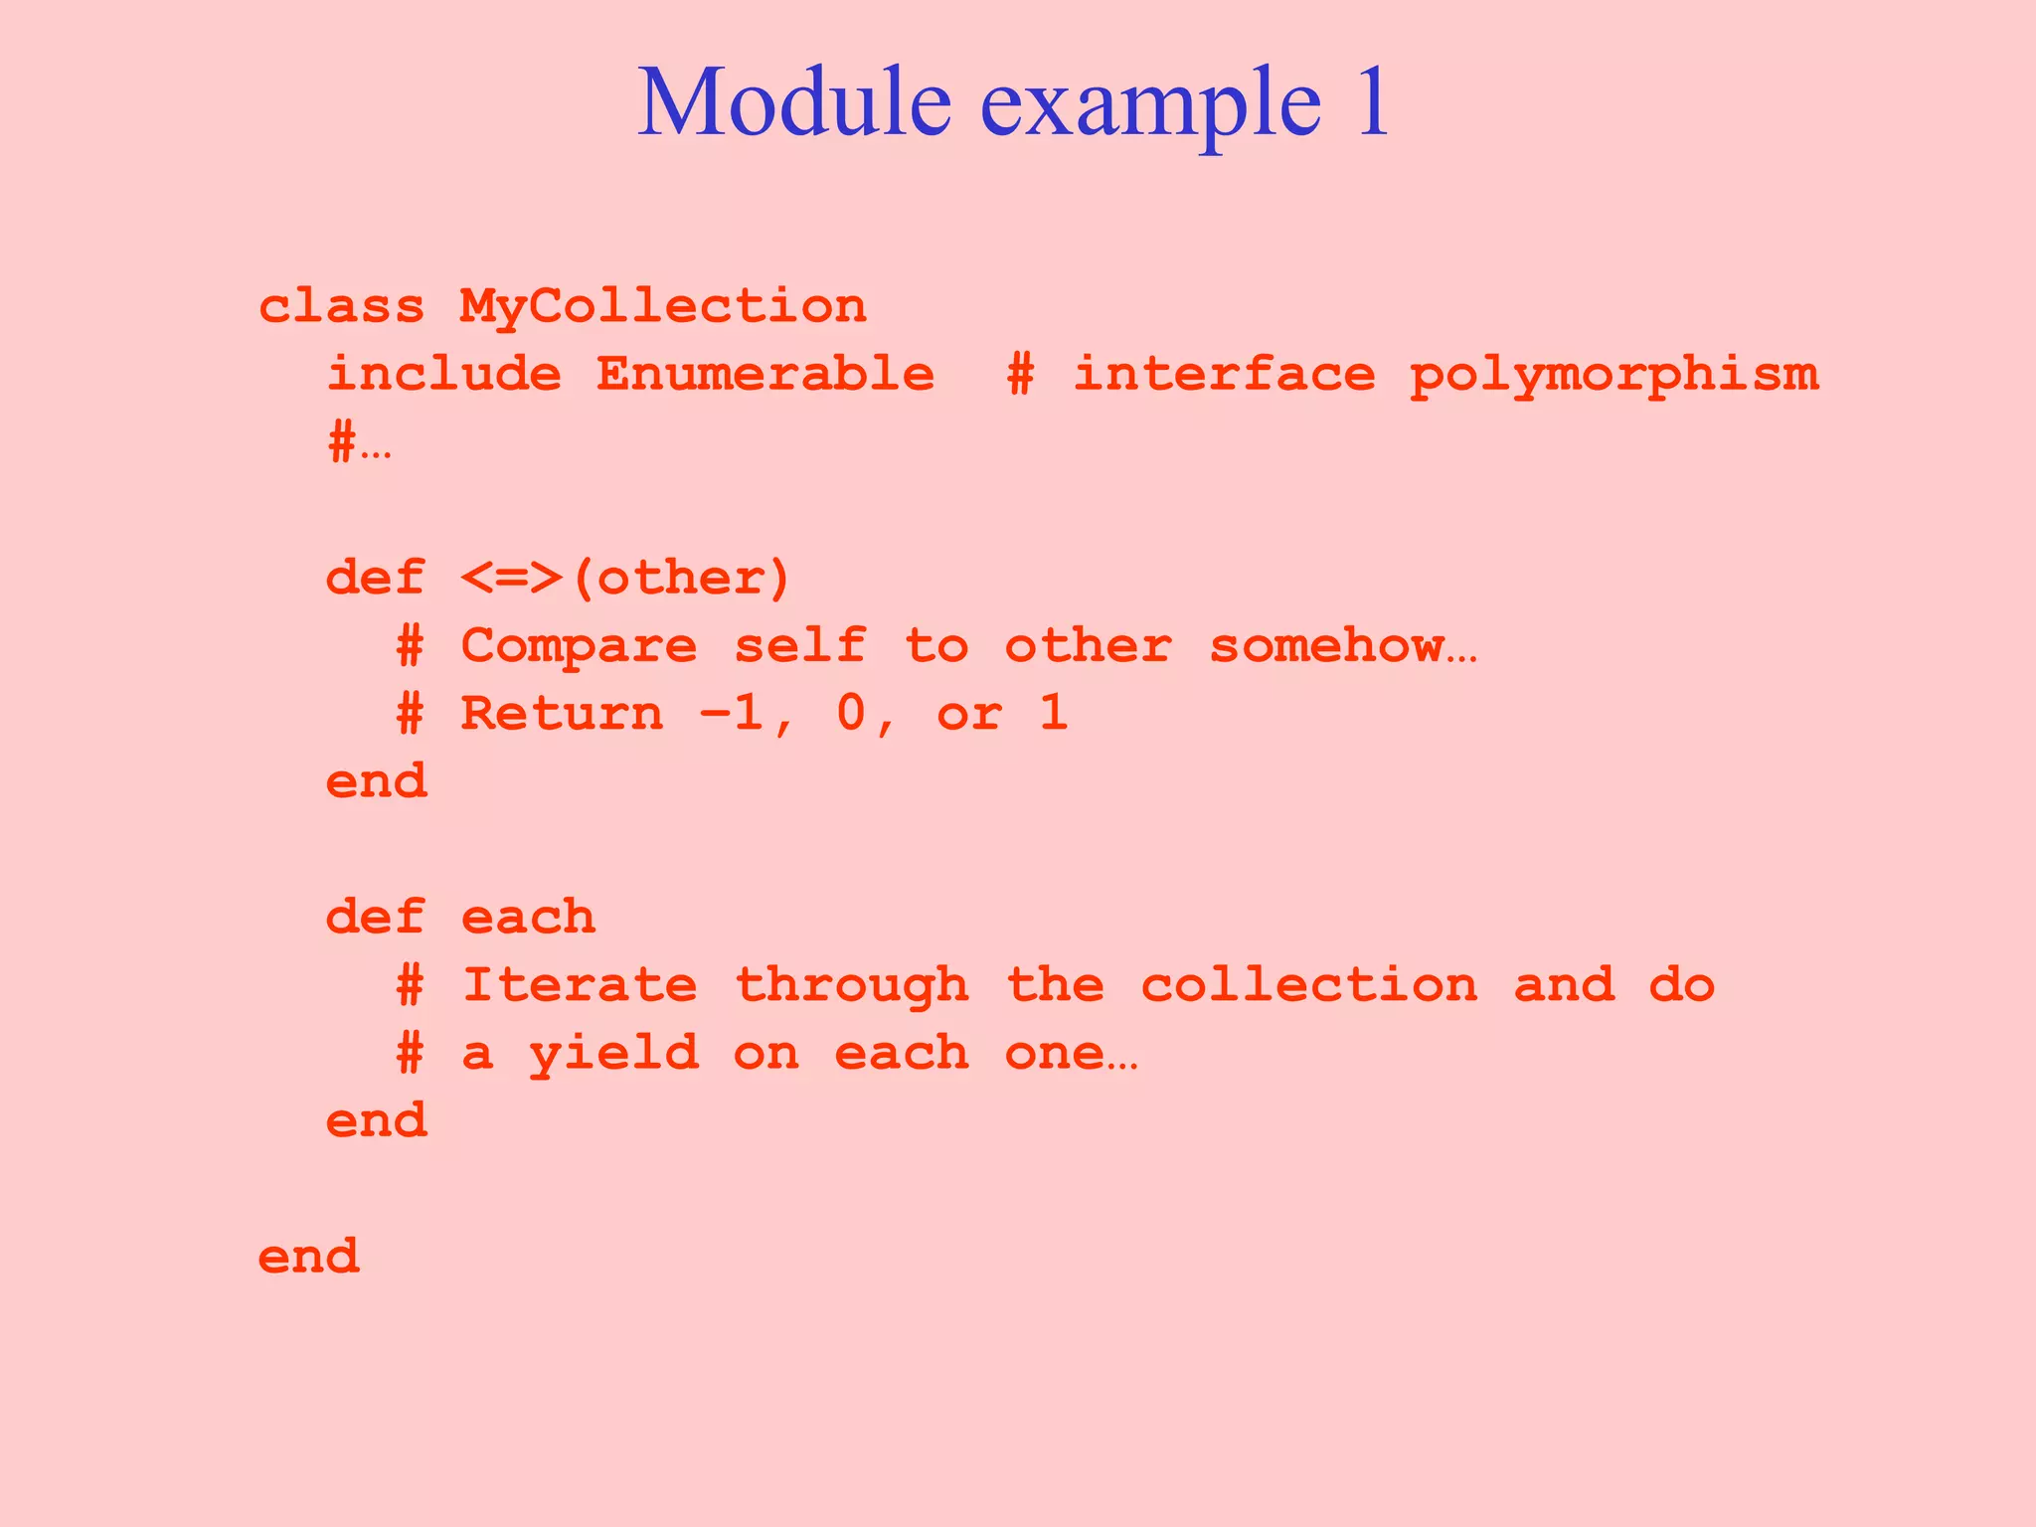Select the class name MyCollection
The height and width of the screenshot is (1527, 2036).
click(663, 306)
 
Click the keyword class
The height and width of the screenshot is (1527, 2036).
click(341, 306)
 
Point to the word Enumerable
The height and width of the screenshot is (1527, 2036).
click(764, 375)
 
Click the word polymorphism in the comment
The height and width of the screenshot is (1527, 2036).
click(1613, 375)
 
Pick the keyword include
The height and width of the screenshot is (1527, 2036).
click(443, 375)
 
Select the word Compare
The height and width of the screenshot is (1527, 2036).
click(579, 646)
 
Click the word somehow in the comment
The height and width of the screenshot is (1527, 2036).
click(1326, 646)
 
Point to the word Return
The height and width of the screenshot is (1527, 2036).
click(562, 714)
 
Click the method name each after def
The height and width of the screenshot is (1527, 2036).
click(528, 918)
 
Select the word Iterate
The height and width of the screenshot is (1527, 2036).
click(579, 985)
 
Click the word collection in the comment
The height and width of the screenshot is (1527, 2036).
click(1308, 985)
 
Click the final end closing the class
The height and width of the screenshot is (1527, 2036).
click(308, 1257)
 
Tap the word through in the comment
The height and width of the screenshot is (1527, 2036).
click(851, 985)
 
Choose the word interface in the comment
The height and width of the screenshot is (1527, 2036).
click(1224, 375)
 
